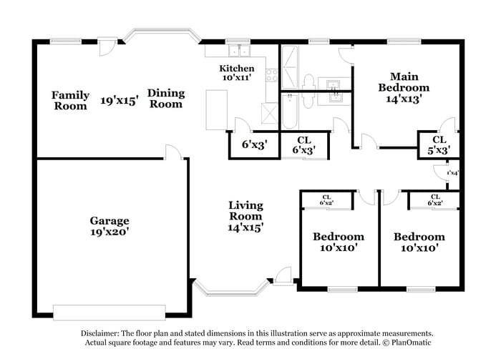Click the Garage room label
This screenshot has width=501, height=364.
[x=110, y=226]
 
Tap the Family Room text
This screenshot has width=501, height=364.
[x=71, y=100]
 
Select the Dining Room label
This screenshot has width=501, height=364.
[x=165, y=98]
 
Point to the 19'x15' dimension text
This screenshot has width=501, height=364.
[x=119, y=100]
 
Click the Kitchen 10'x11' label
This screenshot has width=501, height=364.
[x=236, y=73]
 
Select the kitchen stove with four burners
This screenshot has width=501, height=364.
[x=271, y=73]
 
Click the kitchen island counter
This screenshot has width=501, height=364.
[x=215, y=108]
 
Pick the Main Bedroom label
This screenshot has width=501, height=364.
[x=404, y=88]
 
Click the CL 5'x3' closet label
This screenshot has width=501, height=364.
[x=439, y=144]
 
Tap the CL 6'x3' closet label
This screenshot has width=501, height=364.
[x=303, y=145]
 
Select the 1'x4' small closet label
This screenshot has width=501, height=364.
[x=452, y=173]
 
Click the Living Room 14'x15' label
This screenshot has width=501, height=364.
[x=245, y=216]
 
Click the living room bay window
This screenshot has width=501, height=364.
[x=230, y=289]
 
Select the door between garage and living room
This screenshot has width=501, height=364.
[x=172, y=152]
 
